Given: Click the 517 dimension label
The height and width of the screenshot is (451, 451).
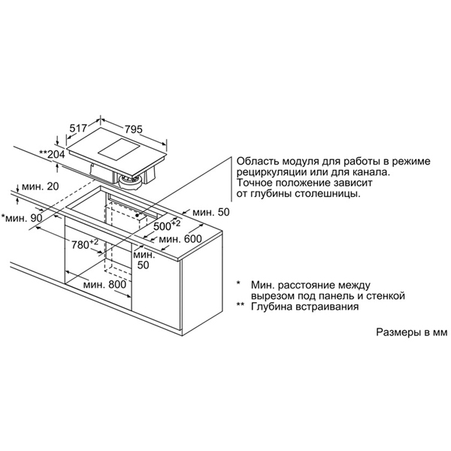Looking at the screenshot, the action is pyautogui.click(x=78, y=128).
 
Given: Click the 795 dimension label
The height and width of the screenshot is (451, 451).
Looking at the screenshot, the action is pyautogui.click(x=134, y=129).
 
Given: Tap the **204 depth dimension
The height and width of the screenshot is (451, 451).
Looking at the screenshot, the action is pyautogui.click(x=52, y=154).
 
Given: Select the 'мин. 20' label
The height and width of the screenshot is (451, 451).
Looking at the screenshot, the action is pyautogui.click(x=41, y=186).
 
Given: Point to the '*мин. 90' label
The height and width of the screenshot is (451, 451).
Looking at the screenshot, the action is pyautogui.click(x=22, y=218).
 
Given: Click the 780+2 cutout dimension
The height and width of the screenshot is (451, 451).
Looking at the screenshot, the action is pyautogui.click(x=85, y=244).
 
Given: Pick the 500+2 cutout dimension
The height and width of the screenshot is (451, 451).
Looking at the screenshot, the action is pyautogui.click(x=167, y=225).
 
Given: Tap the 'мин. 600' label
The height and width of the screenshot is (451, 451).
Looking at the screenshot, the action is pyautogui.click(x=180, y=239).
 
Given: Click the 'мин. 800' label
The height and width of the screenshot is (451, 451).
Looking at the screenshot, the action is pyautogui.click(x=104, y=284).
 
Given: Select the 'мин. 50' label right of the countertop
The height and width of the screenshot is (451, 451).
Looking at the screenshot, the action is pyautogui.click(x=211, y=212).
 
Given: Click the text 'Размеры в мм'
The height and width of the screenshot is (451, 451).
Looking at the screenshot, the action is pyautogui.click(x=412, y=332).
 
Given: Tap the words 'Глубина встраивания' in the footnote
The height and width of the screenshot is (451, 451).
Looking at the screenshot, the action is pyautogui.click(x=305, y=307).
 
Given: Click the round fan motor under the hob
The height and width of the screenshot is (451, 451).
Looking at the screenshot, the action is pyautogui.click(x=132, y=181).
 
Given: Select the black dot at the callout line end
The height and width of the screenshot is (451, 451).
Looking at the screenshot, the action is pyautogui.click(x=138, y=214).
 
